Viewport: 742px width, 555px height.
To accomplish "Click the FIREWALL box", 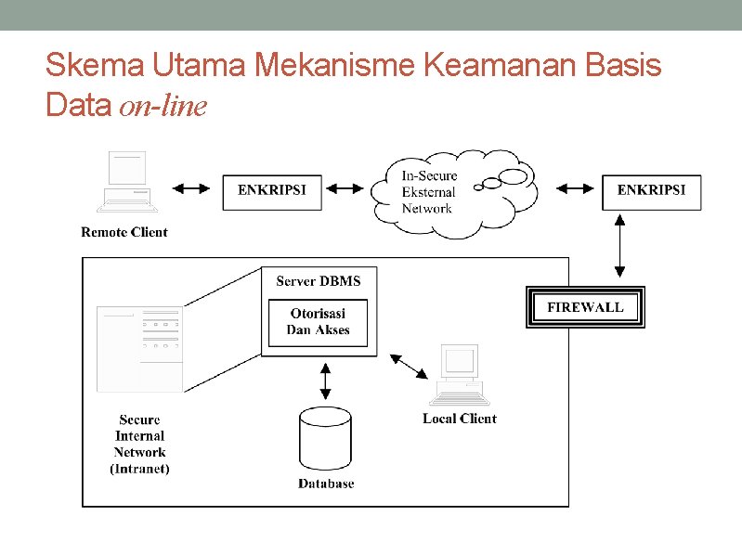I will point(585,307).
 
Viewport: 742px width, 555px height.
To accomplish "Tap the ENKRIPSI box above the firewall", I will point(651,190).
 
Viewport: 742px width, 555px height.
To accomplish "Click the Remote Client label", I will point(124,232).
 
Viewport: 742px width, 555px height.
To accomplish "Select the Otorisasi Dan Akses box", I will point(319,322).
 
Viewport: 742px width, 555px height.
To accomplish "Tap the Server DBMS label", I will point(319,280).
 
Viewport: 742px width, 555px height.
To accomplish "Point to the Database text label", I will point(326,484).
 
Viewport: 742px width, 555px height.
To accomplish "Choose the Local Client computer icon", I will point(460,376).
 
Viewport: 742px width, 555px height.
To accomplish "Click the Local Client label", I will point(460,419).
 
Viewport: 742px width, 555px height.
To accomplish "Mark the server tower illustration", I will point(139,348).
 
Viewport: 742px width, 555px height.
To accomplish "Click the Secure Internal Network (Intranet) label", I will point(139,445).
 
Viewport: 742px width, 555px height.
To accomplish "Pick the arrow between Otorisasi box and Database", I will point(325,379).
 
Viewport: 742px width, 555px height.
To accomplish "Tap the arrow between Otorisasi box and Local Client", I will point(410,367).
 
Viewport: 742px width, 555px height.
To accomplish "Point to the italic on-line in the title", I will point(163,107).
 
